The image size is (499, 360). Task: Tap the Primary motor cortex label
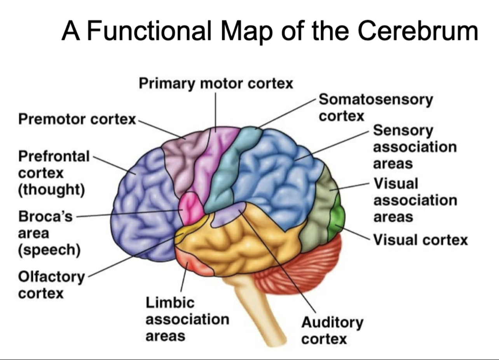tap(216, 83)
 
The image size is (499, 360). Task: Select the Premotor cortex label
tap(77, 119)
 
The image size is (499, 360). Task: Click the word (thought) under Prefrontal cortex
tap(51, 190)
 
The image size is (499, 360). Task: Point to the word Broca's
tap(45, 216)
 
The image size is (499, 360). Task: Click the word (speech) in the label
tap(49, 250)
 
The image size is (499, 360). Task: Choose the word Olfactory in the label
tap(51, 277)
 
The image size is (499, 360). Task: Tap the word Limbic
tap(169, 302)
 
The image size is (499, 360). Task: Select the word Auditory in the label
tap(332, 322)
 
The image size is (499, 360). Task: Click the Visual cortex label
tap(420, 240)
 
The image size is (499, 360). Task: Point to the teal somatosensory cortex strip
tap(225, 171)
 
